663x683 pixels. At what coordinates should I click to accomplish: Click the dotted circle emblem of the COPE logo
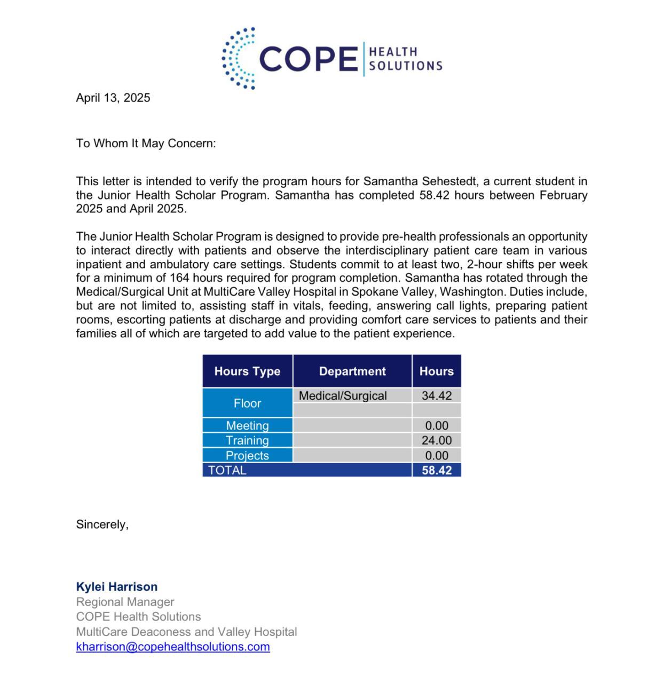[239, 58]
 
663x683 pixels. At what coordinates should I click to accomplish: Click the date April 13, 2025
[113, 98]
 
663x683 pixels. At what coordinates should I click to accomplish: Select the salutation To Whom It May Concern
[146, 143]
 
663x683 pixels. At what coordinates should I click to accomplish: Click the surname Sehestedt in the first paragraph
[451, 181]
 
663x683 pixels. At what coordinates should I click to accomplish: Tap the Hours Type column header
[247, 371]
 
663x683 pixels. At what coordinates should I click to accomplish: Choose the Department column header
[352, 371]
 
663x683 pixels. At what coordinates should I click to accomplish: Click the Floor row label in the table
[247, 403]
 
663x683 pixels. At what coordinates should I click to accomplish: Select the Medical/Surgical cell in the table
[343, 396]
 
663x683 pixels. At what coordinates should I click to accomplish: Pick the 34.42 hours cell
[437, 396]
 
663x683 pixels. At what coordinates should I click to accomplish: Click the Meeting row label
[247, 426]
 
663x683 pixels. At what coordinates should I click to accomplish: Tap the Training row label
[247, 441]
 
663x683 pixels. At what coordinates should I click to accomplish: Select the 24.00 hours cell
[437, 441]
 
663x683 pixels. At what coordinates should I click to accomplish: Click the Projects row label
[247, 456]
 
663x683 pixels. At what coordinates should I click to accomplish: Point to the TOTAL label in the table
[227, 471]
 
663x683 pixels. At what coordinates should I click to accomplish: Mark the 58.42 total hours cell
[437, 471]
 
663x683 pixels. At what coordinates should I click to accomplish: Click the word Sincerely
[102, 525]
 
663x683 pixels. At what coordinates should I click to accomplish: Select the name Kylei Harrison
[117, 587]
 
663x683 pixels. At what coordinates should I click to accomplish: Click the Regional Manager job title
[125, 602]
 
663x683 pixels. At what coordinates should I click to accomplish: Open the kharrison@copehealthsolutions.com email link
[173, 647]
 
